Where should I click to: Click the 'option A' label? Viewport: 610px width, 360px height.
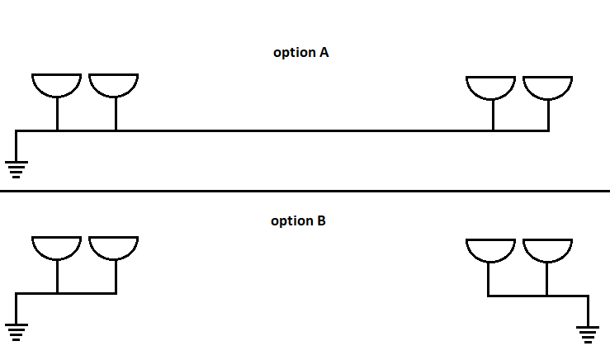click(301, 52)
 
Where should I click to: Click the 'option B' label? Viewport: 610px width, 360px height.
click(298, 220)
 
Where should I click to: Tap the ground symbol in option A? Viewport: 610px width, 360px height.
click(16, 169)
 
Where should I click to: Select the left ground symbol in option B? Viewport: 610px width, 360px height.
click(16, 332)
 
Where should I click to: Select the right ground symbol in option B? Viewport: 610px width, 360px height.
click(588, 334)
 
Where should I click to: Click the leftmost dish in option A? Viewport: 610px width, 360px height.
click(56, 83)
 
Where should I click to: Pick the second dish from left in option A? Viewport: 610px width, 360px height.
click(113, 83)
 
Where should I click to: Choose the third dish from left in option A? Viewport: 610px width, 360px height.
click(491, 86)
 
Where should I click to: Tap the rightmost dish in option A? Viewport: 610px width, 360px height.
click(547, 86)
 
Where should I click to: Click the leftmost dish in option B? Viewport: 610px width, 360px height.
click(56, 246)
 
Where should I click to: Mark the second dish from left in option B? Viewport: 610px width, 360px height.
click(113, 246)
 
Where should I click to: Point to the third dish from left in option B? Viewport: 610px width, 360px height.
click(491, 249)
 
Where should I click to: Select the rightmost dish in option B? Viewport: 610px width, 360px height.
click(547, 249)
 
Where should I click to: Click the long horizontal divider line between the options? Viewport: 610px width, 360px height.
click(305, 192)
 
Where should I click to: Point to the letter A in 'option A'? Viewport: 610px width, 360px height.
click(324, 52)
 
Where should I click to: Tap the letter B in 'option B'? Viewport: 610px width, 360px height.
click(321, 220)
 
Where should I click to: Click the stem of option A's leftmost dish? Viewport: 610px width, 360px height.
click(57, 113)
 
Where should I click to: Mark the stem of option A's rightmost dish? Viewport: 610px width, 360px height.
click(548, 115)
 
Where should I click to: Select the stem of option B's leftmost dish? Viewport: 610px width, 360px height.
click(57, 277)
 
